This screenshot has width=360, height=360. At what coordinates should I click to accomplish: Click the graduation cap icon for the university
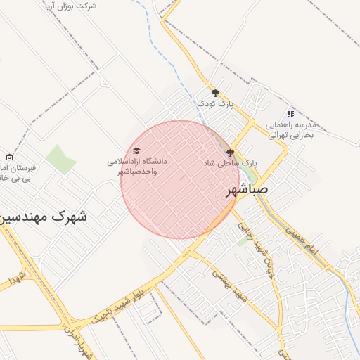(x=136, y=150)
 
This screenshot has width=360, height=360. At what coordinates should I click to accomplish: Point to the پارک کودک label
(x=214, y=103)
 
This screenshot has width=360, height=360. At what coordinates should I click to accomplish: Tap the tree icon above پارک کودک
(x=215, y=92)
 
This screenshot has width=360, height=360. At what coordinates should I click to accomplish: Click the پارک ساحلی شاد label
(x=230, y=162)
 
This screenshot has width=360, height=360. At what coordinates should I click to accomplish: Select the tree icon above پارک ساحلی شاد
(x=230, y=152)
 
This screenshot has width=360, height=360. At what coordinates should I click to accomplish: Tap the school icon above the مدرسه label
(x=290, y=114)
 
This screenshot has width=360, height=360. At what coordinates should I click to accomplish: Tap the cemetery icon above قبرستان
(x=8, y=157)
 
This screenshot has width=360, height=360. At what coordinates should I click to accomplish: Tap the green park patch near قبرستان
(x=62, y=159)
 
